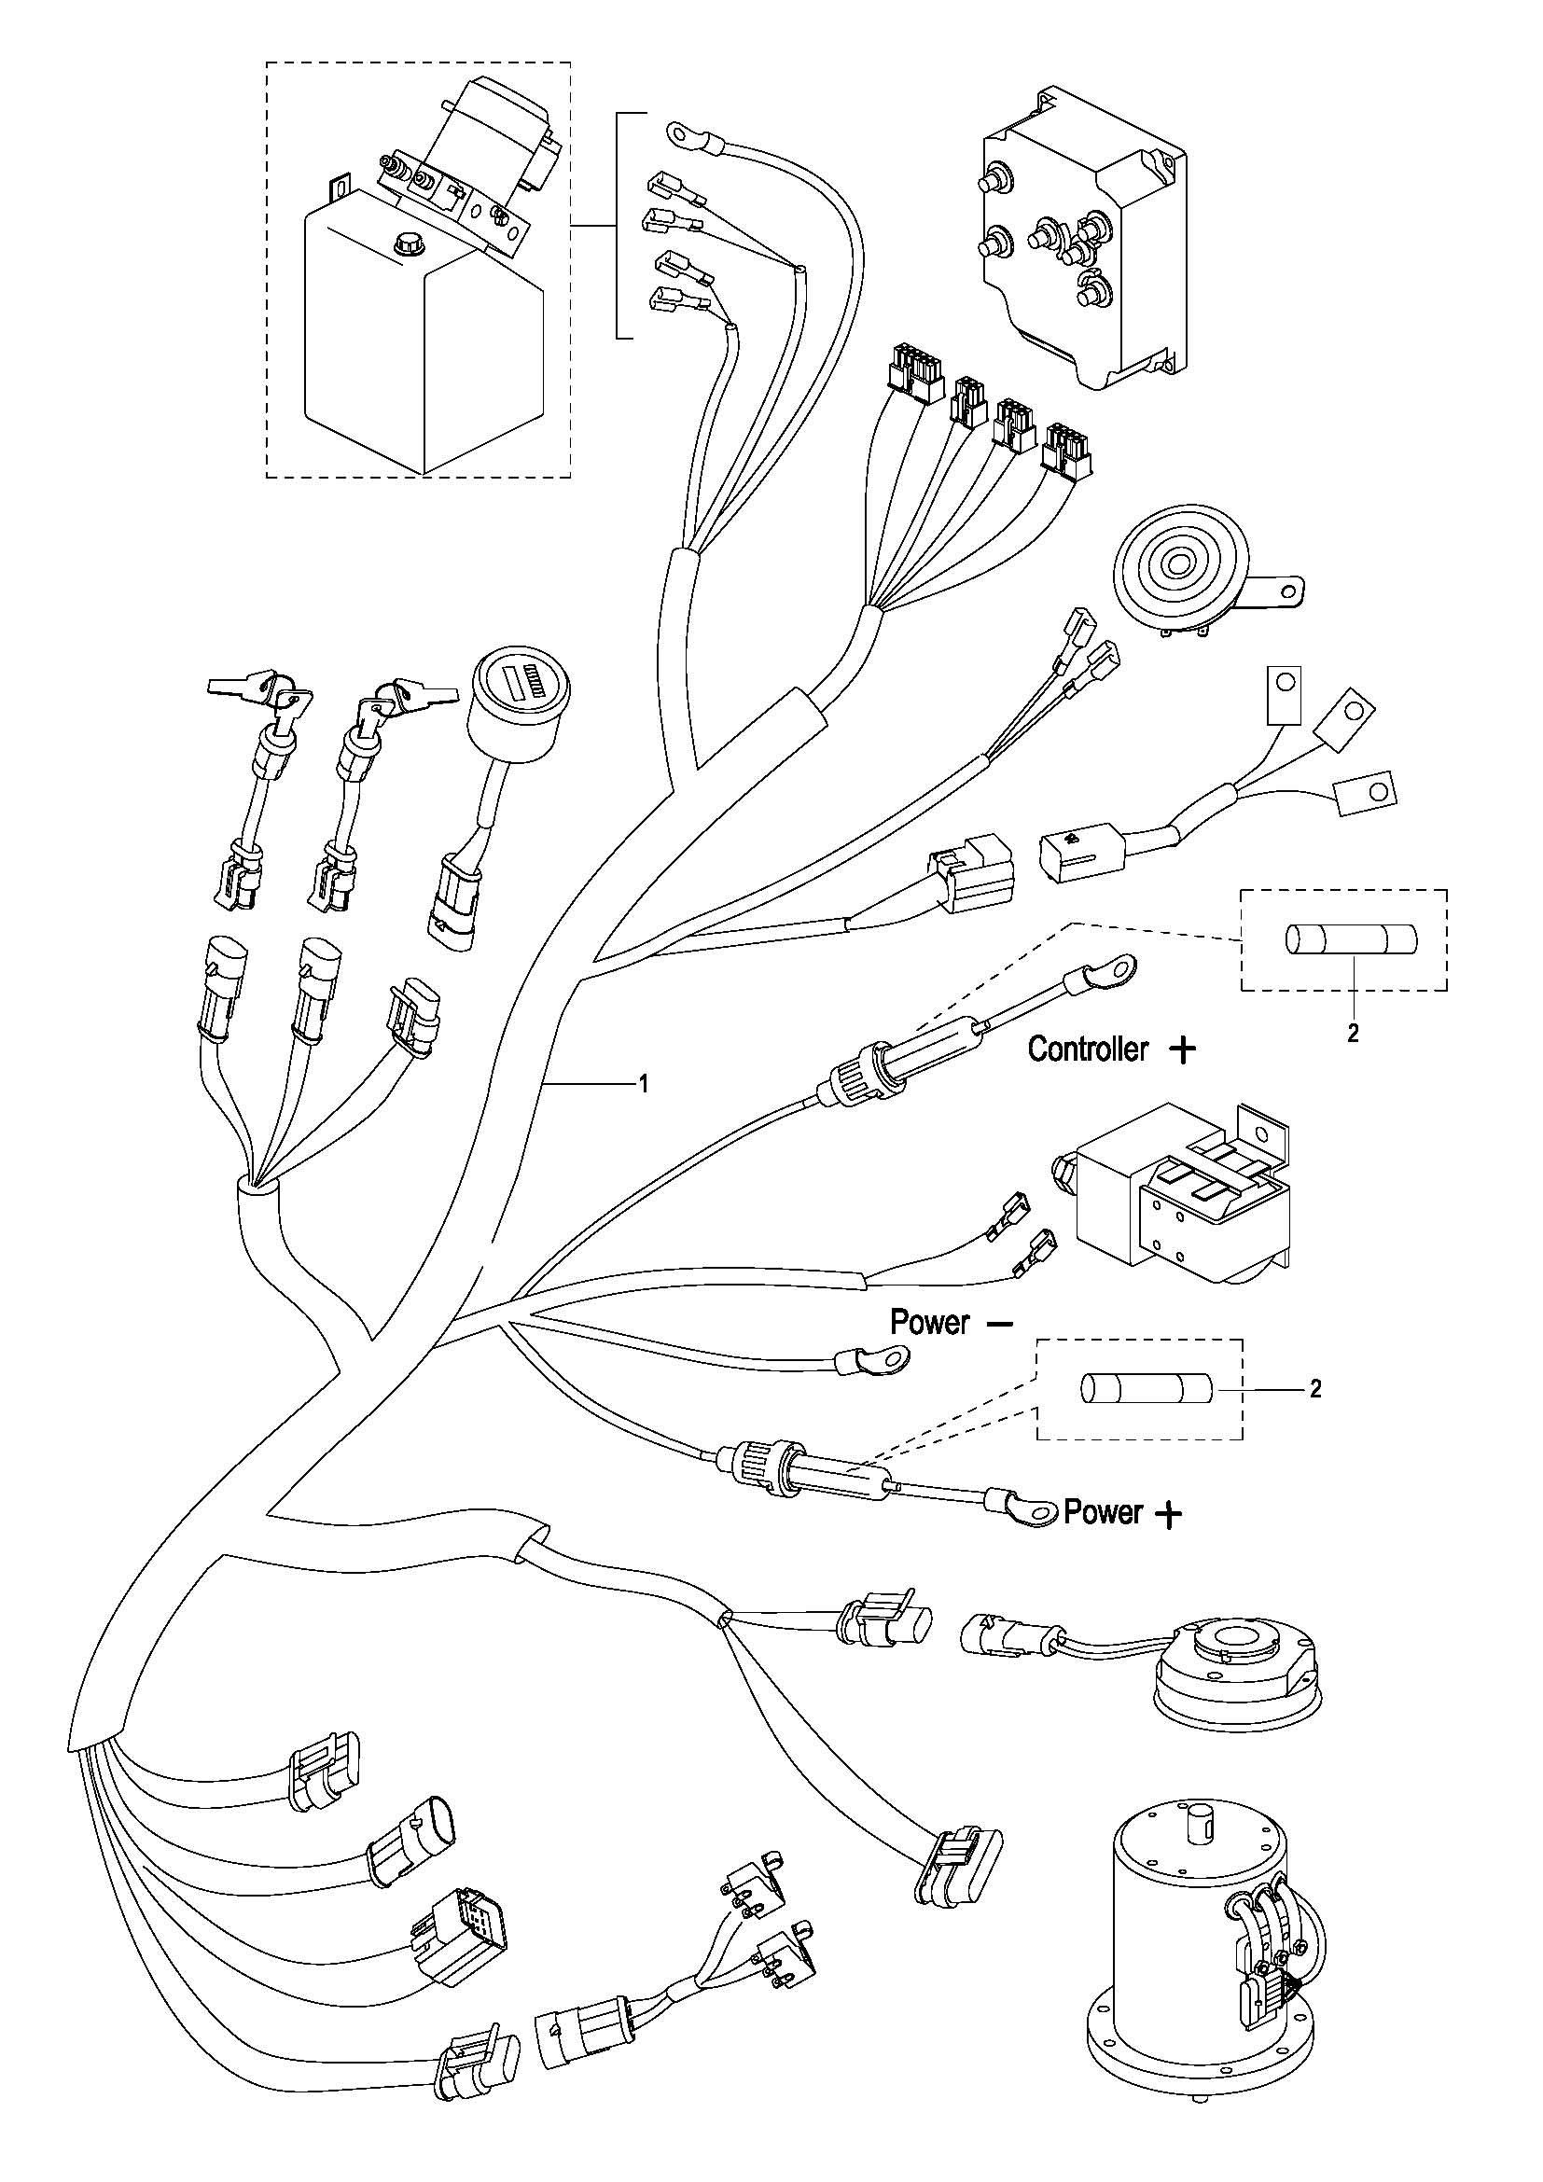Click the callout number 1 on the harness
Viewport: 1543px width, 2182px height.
(644, 1082)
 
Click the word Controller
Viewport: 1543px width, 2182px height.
(1088, 1049)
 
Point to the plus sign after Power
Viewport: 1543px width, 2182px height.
(1169, 1515)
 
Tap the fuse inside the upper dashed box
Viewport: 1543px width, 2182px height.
(1350, 941)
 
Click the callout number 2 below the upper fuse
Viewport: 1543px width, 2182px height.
(1352, 1034)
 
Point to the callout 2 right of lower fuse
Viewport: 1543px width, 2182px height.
(1315, 1389)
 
